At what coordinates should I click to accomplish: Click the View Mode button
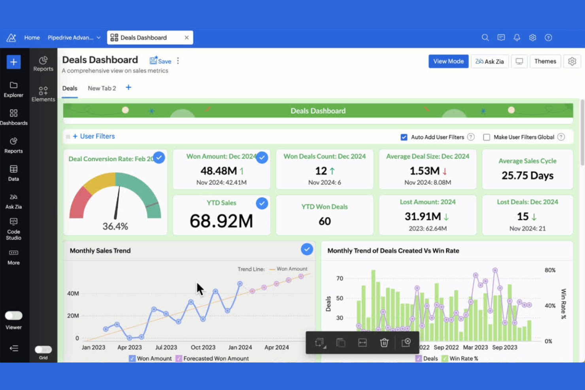coord(448,61)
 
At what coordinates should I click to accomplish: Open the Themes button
coord(545,61)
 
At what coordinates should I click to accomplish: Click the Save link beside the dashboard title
coord(160,61)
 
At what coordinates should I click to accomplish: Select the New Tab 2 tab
coord(102,88)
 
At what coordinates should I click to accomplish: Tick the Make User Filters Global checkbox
coord(487,137)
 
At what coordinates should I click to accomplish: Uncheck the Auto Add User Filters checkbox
coord(404,137)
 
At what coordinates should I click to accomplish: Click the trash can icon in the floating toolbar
coord(384,343)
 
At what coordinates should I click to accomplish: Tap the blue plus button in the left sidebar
coord(13,62)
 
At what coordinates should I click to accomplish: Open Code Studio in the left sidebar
coord(13,229)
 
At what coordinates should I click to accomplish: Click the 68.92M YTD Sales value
coord(221,221)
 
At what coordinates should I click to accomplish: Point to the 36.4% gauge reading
coord(115,226)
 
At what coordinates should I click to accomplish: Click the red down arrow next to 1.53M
coord(445,171)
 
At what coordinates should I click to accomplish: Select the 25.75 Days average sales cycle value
coord(527,175)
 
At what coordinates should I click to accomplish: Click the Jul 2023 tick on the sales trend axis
coord(166,347)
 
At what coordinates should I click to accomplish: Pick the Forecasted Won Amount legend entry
coord(216,358)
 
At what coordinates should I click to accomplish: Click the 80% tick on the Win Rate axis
coord(550,270)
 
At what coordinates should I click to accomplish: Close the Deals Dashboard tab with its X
coord(187,38)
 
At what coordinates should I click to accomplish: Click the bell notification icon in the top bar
coord(517,38)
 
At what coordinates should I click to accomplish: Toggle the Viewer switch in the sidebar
coord(13,315)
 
